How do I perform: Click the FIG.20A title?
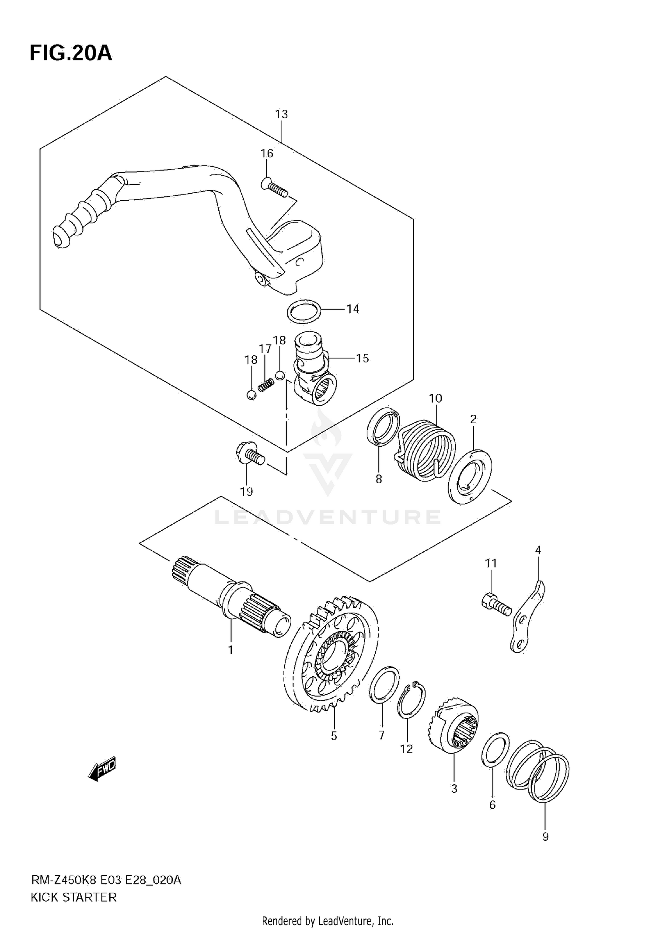[x=71, y=53]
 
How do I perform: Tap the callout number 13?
[x=281, y=114]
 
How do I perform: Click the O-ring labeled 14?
[x=304, y=311]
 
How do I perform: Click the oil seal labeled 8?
[x=383, y=426]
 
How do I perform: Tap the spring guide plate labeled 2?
[x=470, y=477]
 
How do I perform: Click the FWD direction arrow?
[x=102, y=768]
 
